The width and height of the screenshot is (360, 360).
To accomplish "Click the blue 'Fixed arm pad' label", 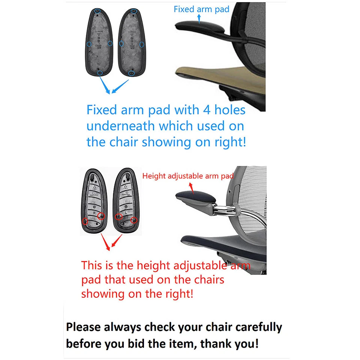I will pos(201,9).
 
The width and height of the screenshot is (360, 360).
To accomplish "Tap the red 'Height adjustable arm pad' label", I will pos(188,175).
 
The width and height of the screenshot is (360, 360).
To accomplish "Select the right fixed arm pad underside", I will pos(131,41).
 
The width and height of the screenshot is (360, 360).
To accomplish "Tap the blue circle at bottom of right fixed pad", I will pos(131,73).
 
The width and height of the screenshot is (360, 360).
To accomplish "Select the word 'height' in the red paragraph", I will pos(151,265).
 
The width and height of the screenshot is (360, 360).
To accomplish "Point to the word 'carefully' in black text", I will pos(258,327).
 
